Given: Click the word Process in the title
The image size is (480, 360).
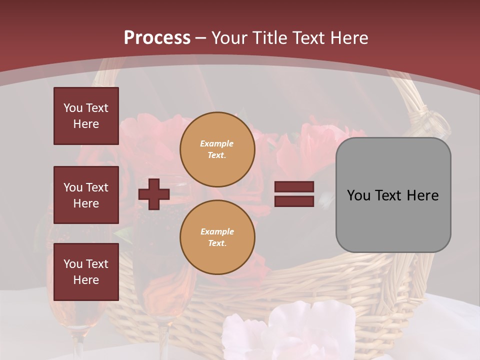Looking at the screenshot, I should click(x=157, y=38).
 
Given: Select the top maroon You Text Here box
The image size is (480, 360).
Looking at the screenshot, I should click(x=86, y=116).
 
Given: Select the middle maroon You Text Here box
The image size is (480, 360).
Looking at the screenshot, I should click(x=86, y=195).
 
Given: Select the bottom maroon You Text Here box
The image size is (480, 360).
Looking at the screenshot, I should click(x=86, y=272).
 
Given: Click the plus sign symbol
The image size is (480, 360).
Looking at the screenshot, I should click(x=154, y=194).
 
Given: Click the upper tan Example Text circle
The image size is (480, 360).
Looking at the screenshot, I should click(x=217, y=149).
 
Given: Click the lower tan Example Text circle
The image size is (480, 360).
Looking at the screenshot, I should click(x=217, y=237).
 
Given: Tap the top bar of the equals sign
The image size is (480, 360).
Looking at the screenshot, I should click(x=294, y=186).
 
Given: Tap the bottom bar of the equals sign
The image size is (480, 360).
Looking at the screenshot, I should click(x=294, y=201).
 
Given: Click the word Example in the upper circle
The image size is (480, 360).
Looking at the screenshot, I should click(x=217, y=143).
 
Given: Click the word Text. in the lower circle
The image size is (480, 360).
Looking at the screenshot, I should click(x=217, y=243).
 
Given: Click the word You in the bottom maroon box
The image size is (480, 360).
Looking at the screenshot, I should click(x=73, y=264).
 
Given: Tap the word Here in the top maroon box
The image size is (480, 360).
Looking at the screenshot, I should click(x=86, y=124).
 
